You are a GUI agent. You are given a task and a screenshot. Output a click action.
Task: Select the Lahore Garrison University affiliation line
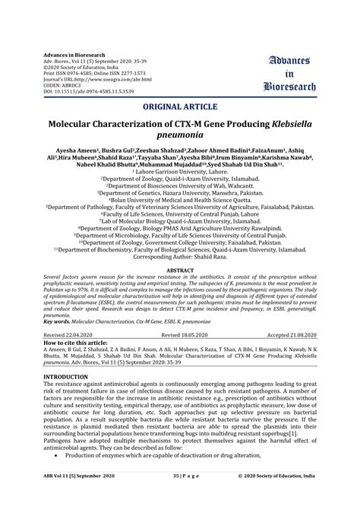179,172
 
